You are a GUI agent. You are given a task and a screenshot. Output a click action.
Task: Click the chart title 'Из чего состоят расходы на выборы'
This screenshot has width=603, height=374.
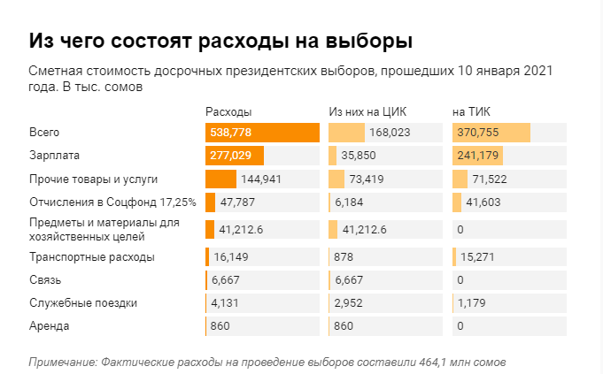(220, 41)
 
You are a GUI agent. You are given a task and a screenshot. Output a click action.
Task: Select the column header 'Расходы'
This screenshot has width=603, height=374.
(228, 112)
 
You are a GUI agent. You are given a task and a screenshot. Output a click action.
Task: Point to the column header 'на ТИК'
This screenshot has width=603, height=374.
(471, 112)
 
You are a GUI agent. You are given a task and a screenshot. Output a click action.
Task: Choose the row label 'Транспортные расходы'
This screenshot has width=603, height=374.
(92, 257)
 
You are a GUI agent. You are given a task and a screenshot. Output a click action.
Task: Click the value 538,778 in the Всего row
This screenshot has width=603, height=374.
(232, 133)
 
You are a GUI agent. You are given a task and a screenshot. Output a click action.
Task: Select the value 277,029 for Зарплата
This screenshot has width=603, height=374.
(232, 156)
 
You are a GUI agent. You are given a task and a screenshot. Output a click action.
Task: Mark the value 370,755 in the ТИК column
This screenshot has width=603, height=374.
(477, 133)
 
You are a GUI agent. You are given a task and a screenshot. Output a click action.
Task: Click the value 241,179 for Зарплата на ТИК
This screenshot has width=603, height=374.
(477, 156)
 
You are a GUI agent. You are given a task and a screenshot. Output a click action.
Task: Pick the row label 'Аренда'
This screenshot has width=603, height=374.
(50, 326)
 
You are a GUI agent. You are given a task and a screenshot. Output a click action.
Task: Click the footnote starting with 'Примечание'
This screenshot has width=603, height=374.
(267, 362)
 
